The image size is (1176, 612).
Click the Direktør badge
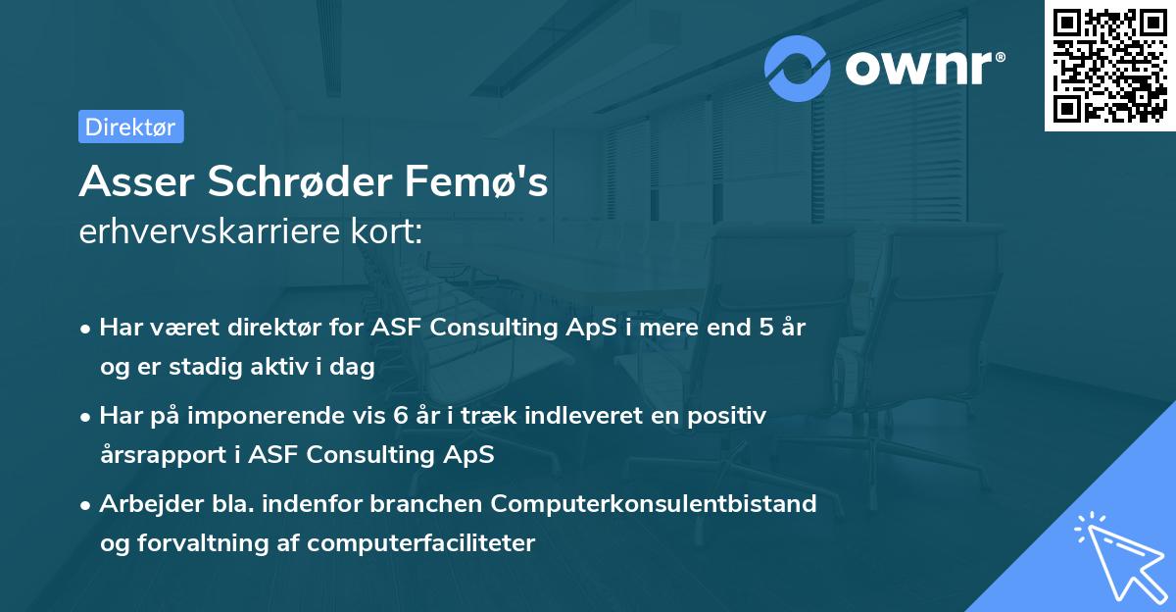click(x=130, y=127)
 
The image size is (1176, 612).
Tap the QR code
click(x=1110, y=66)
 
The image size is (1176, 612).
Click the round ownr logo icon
click(x=798, y=68)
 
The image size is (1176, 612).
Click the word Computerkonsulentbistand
click(x=654, y=504)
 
